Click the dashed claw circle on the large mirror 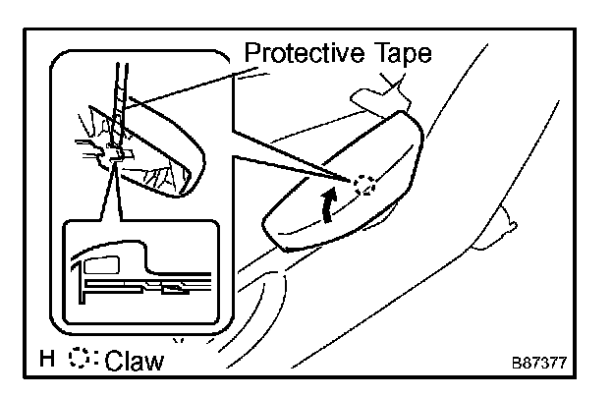(x=365, y=186)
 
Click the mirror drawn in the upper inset (x=157, y=147)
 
